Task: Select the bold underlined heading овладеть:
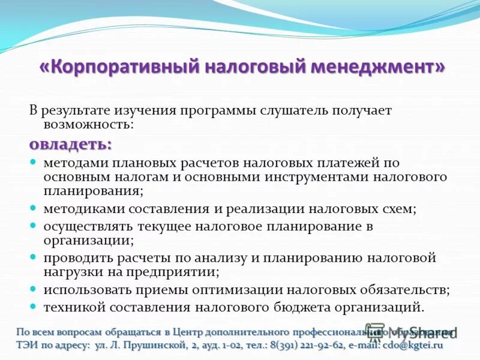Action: click(x=71, y=145)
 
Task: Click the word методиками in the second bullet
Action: click(x=77, y=209)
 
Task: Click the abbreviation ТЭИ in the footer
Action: click(x=26, y=345)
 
